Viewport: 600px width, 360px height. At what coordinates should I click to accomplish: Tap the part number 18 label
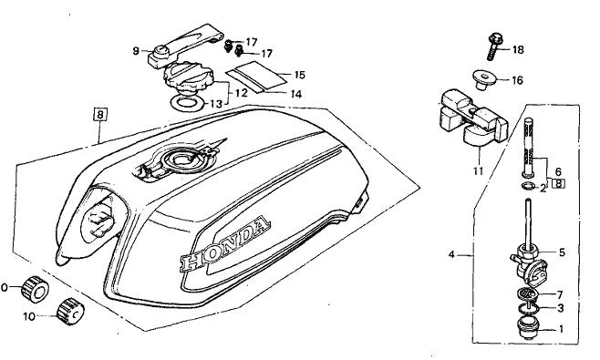pos(518,50)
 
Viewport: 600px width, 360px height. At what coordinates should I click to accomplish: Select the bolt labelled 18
pos(494,47)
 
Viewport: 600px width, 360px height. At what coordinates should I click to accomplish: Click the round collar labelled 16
pos(484,79)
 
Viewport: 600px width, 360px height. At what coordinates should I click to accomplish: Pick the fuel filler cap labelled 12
pos(187,79)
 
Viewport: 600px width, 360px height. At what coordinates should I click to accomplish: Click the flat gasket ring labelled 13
pos(188,102)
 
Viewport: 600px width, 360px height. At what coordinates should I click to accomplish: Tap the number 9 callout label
pos(136,50)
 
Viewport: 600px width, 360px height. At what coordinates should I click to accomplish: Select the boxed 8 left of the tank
pos(100,115)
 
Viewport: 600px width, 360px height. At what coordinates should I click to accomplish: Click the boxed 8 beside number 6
pos(559,183)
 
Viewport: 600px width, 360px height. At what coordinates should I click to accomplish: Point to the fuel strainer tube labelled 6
pos(528,148)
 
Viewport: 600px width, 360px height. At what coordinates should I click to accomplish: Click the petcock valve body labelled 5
pos(524,263)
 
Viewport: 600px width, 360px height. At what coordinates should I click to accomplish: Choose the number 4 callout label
pos(451,254)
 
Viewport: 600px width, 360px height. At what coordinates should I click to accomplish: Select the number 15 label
pos(300,75)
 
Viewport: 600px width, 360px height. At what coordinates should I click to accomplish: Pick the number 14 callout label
pos(295,94)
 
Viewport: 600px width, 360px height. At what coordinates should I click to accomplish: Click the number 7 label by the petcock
pos(560,295)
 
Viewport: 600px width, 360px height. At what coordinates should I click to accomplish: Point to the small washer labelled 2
pos(528,186)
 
